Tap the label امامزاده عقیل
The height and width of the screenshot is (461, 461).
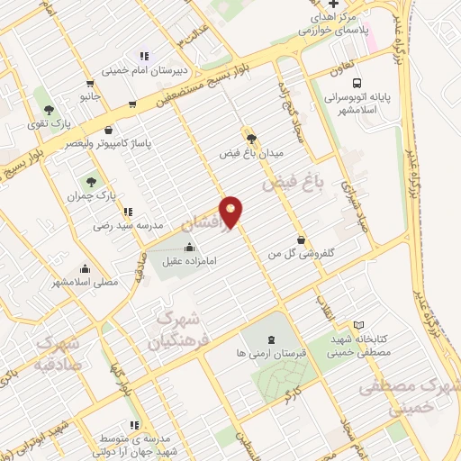[x=190, y=262]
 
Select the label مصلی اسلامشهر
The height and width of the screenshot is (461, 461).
[x=85, y=283]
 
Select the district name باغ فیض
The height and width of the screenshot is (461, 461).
[x=292, y=184]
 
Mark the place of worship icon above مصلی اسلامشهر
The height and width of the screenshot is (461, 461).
[x=85, y=268]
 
